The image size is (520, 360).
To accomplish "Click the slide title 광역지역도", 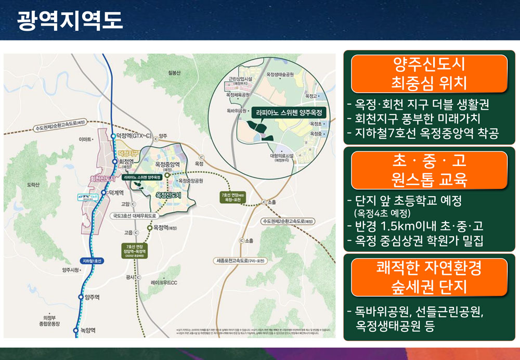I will tap(70, 20).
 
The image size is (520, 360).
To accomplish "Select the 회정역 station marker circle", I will tap(115, 162).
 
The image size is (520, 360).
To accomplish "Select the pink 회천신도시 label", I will tap(102, 177).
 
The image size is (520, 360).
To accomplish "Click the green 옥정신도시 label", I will tap(175, 195).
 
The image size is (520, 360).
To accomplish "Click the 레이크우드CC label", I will tap(164, 282).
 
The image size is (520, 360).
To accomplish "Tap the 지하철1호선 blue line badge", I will tap(94, 260).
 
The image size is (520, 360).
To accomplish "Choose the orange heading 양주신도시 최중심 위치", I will tap(429, 73).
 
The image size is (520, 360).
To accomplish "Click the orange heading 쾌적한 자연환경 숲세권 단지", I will tap(429, 277).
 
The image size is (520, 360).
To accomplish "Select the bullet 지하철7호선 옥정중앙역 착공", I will tap(423, 133).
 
